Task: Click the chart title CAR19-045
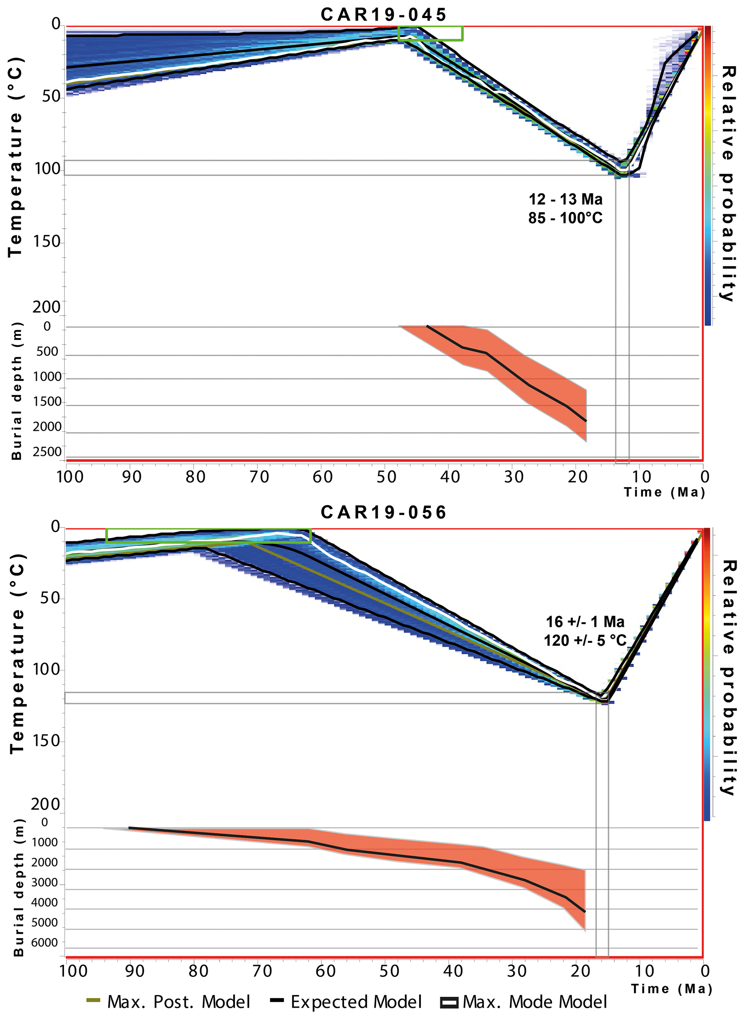(383, 14)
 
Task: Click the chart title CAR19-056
(383, 512)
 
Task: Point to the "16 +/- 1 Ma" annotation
(585, 622)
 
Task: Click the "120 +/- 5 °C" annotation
(585, 640)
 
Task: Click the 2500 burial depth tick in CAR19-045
(47, 452)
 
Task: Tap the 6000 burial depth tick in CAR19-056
(44, 942)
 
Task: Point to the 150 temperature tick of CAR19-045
(46, 242)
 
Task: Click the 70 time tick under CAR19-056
(262, 971)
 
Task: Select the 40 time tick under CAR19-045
(450, 477)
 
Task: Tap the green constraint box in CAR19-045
(430, 33)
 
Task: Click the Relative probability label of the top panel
(728, 183)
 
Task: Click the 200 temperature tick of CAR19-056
(45, 804)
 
